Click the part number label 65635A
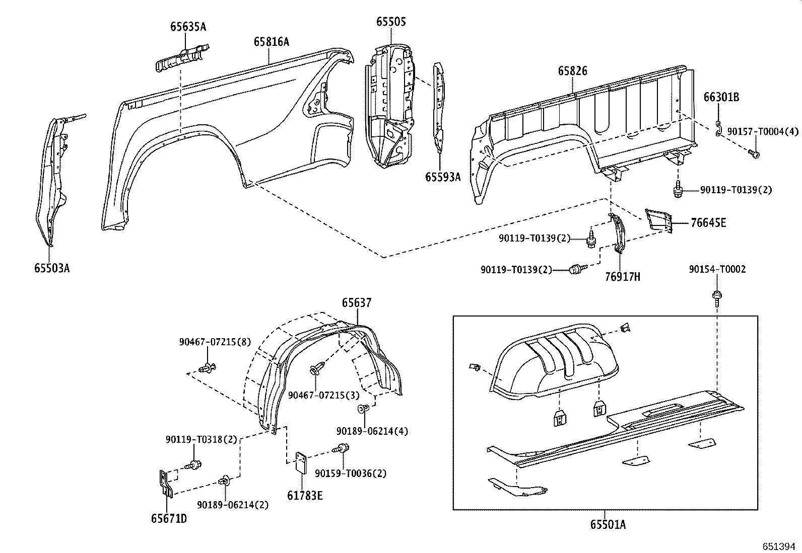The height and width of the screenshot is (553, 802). [x=188, y=27]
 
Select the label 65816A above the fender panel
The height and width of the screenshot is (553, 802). [x=271, y=42]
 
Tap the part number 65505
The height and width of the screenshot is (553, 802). [x=391, y=22]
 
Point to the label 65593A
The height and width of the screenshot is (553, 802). [x=443, y=177]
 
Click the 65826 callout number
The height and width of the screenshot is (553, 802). [x=572, y=71]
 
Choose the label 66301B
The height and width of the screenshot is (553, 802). [x=721, y=97]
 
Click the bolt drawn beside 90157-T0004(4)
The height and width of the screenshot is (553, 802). [x=754, y=153]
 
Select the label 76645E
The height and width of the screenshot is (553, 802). [x=708, y=223]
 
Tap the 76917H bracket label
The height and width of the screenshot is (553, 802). [x=622, y=276]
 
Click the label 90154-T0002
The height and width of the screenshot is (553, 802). [x=717, y=270]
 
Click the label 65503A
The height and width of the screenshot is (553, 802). [x=52, y=268]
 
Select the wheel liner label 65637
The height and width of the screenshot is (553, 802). [x=357, y=303]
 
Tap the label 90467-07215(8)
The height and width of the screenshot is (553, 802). [x=215, y=341]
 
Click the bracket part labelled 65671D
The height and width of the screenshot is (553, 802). [x=165, y=484]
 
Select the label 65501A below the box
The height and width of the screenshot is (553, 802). [x=608, y=525]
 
